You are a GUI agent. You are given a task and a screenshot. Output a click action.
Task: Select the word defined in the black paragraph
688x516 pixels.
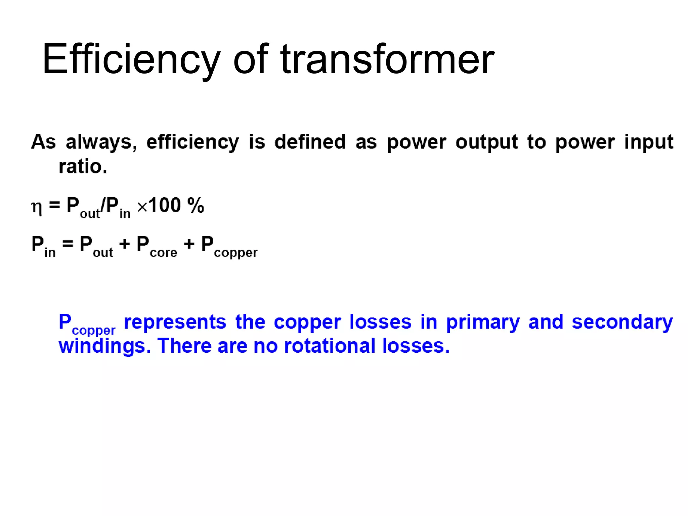pos(310,142)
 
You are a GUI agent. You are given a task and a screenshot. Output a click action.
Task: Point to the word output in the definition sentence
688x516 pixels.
pos(486,142)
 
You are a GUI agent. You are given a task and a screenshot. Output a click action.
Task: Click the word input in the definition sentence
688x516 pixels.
pos(649,142)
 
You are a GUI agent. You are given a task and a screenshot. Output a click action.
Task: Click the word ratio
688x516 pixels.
pos(83,167)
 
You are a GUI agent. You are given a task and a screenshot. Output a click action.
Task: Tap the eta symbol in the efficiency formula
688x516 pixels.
pos(37,208)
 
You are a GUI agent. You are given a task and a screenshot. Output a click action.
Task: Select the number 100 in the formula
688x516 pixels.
pos(165,205)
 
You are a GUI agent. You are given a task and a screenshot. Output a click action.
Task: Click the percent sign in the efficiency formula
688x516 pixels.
pos(196,205)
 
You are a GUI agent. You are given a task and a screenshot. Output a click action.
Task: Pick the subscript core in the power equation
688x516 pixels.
pos(163,253)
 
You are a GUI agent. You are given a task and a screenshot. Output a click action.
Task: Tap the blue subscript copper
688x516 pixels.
pos(93,331)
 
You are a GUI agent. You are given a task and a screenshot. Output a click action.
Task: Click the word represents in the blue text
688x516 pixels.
pos(175,322)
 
